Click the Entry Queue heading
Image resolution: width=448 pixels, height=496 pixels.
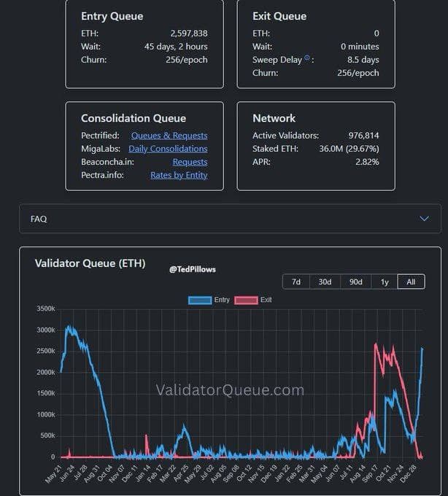coord(112,16)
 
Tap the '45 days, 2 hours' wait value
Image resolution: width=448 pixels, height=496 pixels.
coord(176,47)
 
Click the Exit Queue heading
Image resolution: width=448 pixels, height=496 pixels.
coord(279,16)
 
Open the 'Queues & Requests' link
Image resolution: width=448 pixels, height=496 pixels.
coord(169,136)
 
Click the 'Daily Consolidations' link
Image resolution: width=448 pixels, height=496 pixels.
coord(168,149)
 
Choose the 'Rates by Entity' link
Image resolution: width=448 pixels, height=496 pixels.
coord(179,175)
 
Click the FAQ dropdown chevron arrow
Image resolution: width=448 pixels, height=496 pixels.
coord(424,219)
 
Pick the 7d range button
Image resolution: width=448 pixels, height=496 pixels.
coord(296,282)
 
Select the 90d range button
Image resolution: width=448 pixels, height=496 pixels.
coord(355,282)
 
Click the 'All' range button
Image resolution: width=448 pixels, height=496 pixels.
coord(411,282)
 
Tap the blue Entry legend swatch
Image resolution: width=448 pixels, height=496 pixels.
coord(199,300)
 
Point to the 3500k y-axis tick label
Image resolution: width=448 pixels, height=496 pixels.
coord(45,309)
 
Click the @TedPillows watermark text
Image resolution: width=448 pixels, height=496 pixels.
coord(193,269)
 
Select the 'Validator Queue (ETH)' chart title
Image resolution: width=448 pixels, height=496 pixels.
coord(90,263)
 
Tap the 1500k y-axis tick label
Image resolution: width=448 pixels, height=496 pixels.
coord(45,394)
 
